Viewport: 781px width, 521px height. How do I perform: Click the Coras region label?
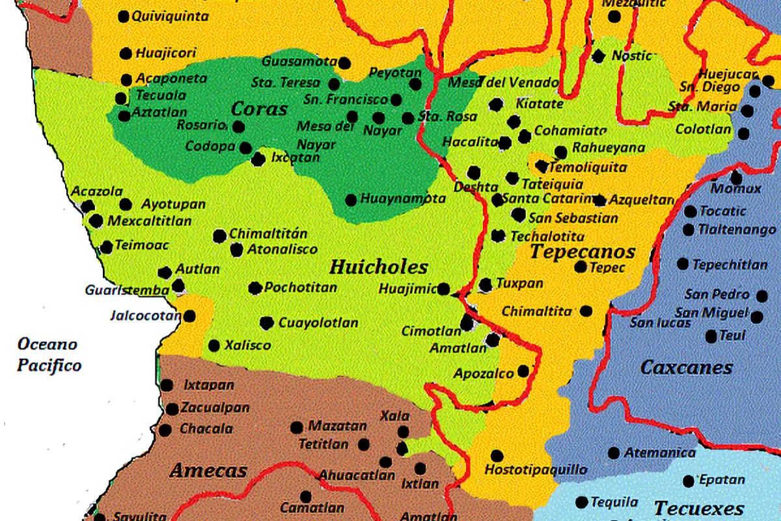(x=259, y=109)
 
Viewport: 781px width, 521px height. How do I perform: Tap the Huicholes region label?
(x=379, y=267)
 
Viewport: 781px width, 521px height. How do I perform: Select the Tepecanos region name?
(x=582, y=252)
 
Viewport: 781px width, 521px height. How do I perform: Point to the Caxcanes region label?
(x=687, y=368)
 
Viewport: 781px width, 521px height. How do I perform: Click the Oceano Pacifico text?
(x=49, y=355)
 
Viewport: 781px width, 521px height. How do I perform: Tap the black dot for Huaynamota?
(x=351, y=200)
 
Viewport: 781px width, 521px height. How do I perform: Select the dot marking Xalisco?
(x=214, y=346)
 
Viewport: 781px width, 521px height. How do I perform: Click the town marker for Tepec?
(x=581, y=267)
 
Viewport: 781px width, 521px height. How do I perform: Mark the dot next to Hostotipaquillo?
(x=497, y=455)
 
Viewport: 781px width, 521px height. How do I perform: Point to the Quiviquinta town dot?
(x=124, y=17)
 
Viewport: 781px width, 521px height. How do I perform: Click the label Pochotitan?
(x=301, y=287)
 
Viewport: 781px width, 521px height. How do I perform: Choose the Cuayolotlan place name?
(x=318, y=323)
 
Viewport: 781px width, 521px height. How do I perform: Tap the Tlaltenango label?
(x=737, y=230)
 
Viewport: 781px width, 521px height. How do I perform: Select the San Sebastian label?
(x=573, y=218)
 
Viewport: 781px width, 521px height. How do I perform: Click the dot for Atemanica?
(x=614, y=453)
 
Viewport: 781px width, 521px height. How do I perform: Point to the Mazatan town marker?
(x=297, y=428)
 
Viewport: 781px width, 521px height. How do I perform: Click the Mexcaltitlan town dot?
(x=96, y=221)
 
